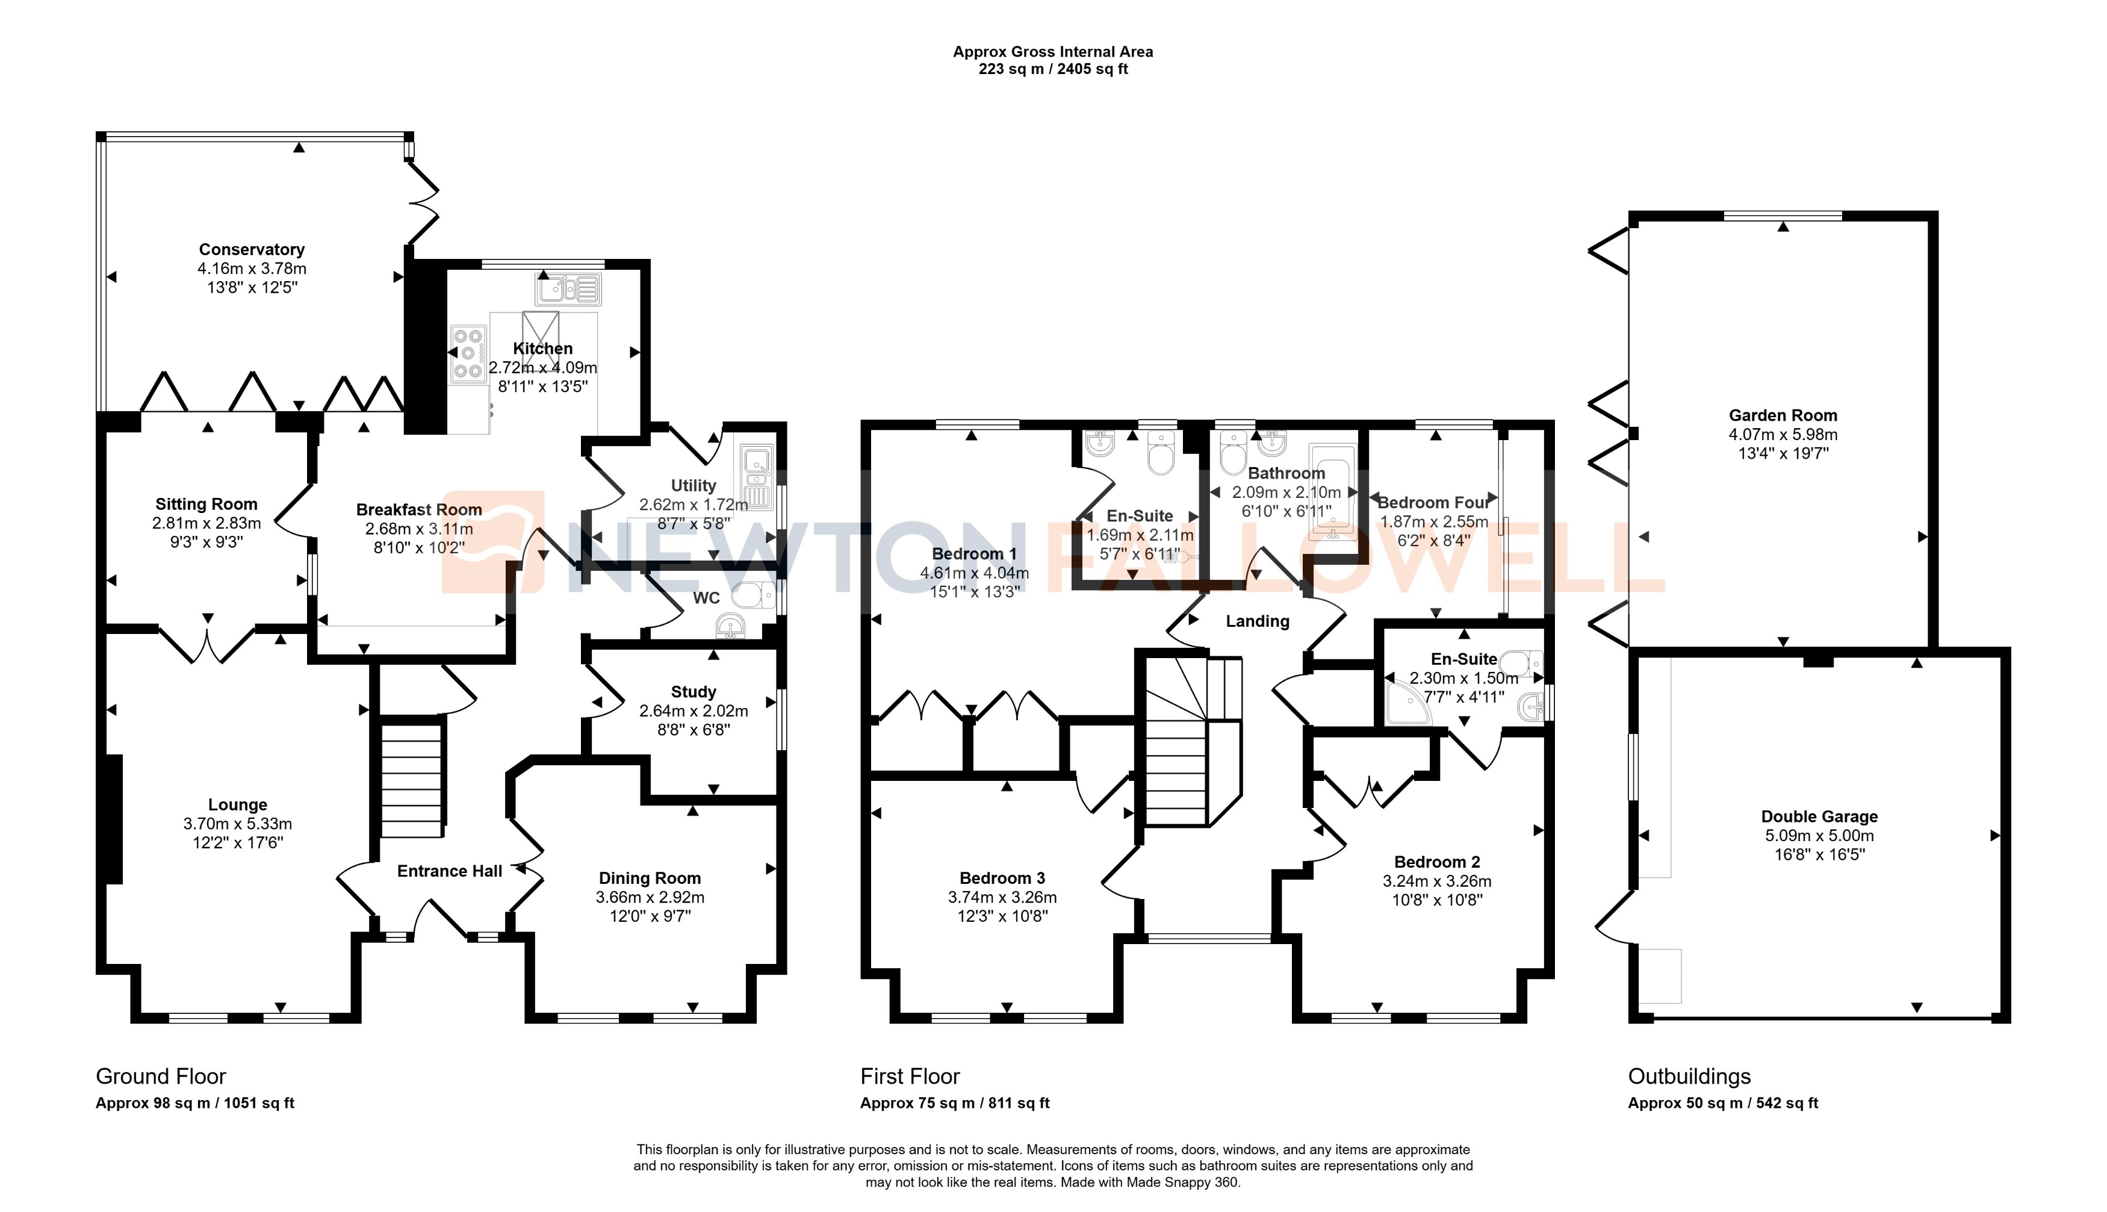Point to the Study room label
click(x=693, y=692)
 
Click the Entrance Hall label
click(x=449, y=871)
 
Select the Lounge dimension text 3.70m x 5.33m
click(x=237, y=823)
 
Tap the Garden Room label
click(x=1783, y=415)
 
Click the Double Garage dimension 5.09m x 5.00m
click(x=1819, y=835)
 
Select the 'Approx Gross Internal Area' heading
click(x=1053, y=52)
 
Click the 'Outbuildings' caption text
click(x=1689, y=1077)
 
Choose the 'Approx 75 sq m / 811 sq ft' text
click(x=955, y=1103)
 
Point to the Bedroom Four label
click(x=1433, y=503)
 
